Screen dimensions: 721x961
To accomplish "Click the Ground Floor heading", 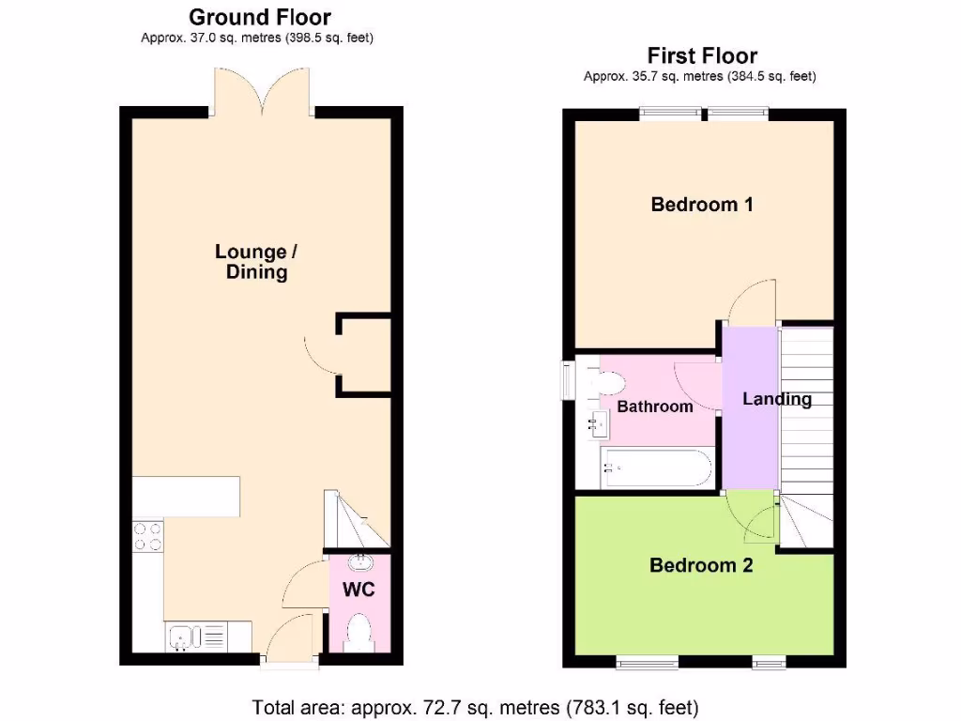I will tap(260, 17).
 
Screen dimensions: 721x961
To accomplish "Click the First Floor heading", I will tap(702, 56).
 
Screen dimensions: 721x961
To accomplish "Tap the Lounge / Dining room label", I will tap(251, 262).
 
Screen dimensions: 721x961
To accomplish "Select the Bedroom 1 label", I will tap(702, 204).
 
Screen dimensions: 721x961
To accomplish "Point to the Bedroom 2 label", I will tap(701, 565).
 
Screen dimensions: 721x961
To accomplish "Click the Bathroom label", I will tap(655, 407).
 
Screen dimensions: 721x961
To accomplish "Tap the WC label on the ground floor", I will tap(358, 590).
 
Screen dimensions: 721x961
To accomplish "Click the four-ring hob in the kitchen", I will tap(147, 536).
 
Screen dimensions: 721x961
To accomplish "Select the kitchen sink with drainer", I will tap(196, 638).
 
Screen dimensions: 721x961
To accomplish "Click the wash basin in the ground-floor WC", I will tap(358, 563).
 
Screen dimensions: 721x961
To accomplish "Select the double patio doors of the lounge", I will tap(262, 94).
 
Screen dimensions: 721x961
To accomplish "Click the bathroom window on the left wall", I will tap(568, 379).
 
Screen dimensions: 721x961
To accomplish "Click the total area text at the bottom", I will tap(476, 707).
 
